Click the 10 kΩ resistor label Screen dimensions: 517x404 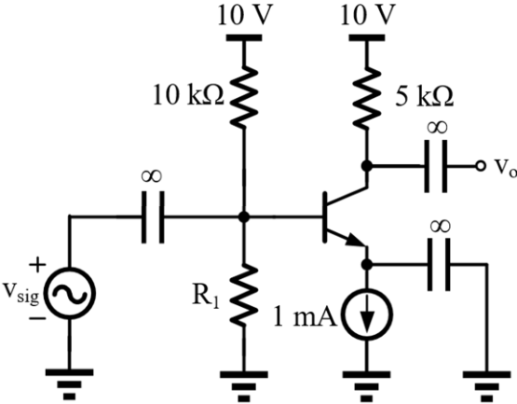click(188, 96)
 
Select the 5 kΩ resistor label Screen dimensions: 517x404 click(425, 96)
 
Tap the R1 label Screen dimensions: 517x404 click(206, 298)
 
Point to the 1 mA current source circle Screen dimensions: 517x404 click(367, 313)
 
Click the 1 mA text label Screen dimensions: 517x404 click(306, 318)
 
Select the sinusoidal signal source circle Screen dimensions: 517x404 click(70, 294)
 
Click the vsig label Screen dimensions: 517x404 click(21, 293)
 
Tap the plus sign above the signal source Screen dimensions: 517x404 click(38, 264)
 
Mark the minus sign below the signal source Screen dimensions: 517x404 click(37, 318)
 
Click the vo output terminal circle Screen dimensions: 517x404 click(481, 165)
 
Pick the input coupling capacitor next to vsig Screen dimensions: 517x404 click(153, 217)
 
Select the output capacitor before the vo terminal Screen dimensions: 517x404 click(436, 166)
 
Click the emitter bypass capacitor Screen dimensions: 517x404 click(439, 264)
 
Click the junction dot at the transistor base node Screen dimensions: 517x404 click(244, 217)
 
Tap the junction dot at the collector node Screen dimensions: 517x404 click(367, 165)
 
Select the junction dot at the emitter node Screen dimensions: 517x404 click(367, 264)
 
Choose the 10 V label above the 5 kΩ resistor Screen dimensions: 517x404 click(367, 15)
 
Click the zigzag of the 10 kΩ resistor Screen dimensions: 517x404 click(244, 96)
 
